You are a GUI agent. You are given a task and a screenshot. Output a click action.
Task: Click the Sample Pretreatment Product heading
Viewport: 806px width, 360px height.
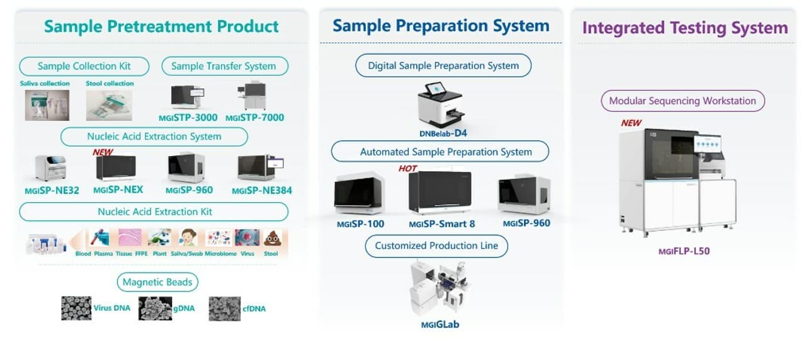click(161, 26)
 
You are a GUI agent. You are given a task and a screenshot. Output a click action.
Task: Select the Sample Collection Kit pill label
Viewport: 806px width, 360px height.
click(84, 66)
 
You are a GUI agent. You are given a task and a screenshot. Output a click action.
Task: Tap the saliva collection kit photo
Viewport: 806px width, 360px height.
click(47, 105)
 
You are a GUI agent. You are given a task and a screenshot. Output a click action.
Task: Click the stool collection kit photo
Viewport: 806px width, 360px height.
click(109, 105)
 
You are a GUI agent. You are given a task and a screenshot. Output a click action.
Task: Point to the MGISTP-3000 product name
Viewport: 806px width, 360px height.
click(188, 118)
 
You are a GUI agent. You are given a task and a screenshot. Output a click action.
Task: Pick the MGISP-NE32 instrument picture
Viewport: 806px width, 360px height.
click(50, 167)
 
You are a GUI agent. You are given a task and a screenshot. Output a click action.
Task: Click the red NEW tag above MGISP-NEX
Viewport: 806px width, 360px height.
click(103, 152)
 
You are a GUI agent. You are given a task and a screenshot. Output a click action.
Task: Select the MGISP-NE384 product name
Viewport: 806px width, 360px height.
click(261, 190)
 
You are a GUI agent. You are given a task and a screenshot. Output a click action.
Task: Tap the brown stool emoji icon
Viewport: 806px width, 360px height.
click(272, 238)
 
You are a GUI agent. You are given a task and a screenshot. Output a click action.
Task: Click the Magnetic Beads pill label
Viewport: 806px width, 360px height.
click(157, 282)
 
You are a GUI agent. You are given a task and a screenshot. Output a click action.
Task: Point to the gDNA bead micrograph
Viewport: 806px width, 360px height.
click(155, 308)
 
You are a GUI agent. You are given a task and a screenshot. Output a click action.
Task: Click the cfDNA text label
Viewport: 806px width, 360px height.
click(254, 308)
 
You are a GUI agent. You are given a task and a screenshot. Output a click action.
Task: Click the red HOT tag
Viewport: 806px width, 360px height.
click(408, 168)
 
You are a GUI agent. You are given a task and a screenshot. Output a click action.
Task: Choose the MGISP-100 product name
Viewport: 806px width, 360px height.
click(360, 223)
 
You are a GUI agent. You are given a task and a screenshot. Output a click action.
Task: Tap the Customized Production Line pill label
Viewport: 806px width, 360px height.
click(436, 245)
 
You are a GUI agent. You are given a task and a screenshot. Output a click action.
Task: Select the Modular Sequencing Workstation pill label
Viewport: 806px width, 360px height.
click(683, 101)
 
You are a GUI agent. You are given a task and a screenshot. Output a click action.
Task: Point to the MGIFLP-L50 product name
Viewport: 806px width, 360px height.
click(684, 252)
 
